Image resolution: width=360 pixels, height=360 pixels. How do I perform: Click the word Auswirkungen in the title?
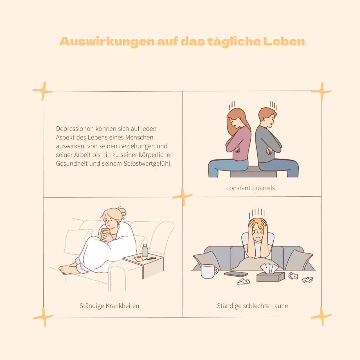pos(107,42)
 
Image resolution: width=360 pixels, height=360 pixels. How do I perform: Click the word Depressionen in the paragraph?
pos(75,129)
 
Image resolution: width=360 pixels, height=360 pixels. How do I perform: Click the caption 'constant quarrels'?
pos(250,188)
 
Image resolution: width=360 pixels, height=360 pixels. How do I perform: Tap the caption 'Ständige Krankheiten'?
pos(109,306)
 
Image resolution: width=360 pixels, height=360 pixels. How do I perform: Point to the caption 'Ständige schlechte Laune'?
pos(252,306)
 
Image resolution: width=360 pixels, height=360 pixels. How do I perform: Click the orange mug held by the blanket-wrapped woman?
pos(105,234)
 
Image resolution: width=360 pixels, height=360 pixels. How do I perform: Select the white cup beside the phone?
pos(208,271)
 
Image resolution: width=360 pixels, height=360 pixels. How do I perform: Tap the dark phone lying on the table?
pos(236,274)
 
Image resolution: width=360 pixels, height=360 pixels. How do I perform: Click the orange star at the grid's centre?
pos(182,196)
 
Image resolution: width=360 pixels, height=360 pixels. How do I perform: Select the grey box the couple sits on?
pos(253,172)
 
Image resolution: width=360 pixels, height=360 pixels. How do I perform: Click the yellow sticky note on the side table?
pos(138,258)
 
